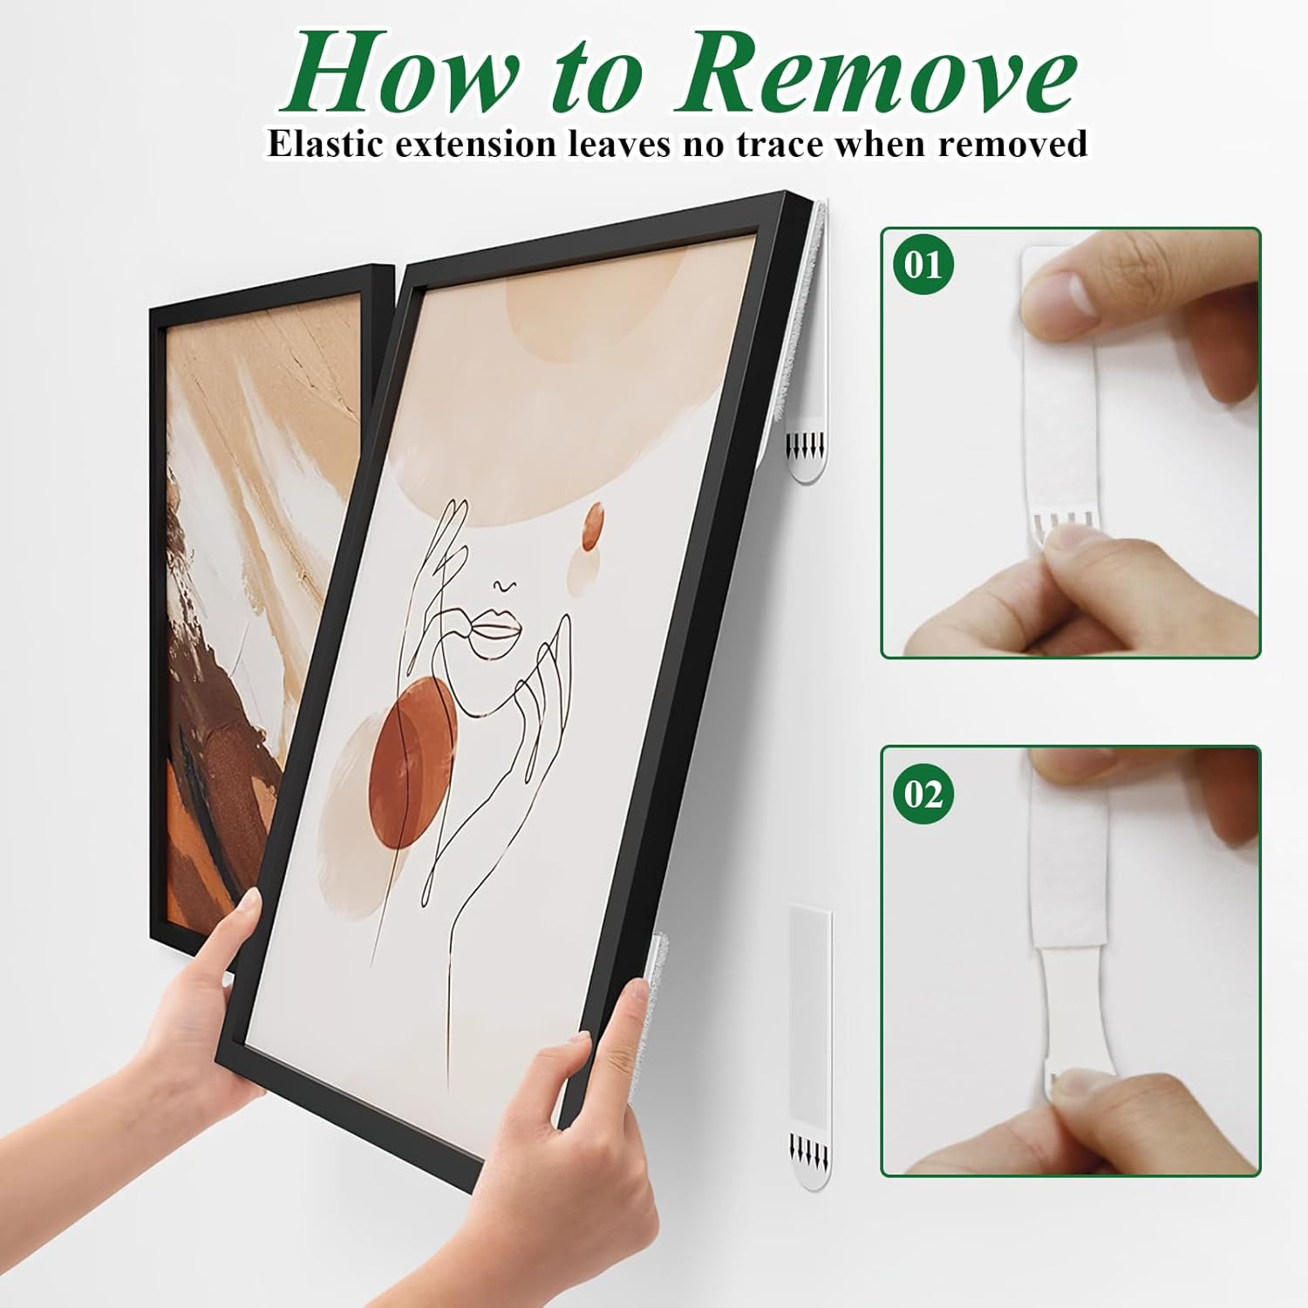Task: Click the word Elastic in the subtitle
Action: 327,144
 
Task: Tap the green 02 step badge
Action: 923,794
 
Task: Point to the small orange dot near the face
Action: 593,527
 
